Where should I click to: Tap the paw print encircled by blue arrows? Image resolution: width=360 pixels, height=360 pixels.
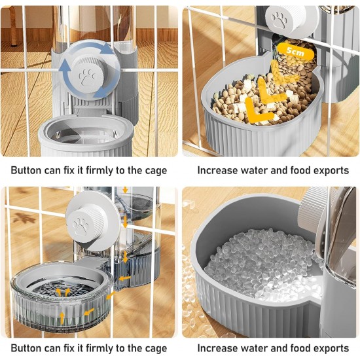tap(87, 77)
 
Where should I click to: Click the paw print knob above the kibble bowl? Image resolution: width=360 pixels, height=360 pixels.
tap(279, 20)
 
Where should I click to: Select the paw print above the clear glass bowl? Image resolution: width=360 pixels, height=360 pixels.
tap(81, 226)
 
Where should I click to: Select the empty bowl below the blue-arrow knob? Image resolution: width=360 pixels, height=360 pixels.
tap(86, 136)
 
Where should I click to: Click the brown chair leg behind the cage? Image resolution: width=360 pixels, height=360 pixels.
tap(14, 26)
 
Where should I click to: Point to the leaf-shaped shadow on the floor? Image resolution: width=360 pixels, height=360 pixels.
tap(24, 218)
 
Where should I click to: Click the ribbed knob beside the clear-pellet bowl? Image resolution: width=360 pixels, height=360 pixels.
tap(313, 206)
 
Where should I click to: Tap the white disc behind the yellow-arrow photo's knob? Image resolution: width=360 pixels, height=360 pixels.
tap(93, 221)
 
